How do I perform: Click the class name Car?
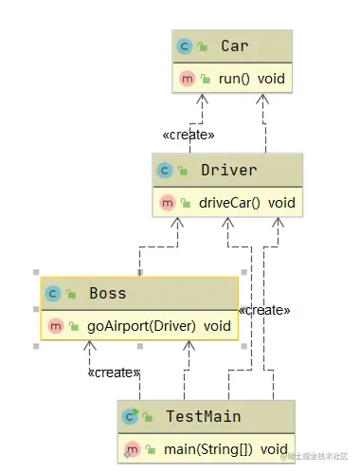point(234,45)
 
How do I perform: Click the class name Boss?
point(107,293)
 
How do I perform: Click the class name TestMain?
point(204,416)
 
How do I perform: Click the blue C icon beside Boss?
point(53,293)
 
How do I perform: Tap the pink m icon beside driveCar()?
point(166,202)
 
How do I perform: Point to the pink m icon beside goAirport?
point(53,325)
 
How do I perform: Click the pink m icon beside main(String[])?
point(132,448)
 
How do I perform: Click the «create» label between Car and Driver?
point(189,135)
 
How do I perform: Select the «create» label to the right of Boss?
point(264,310)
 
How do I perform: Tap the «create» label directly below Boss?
point(114,373)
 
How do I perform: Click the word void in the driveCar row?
point(281,202)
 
